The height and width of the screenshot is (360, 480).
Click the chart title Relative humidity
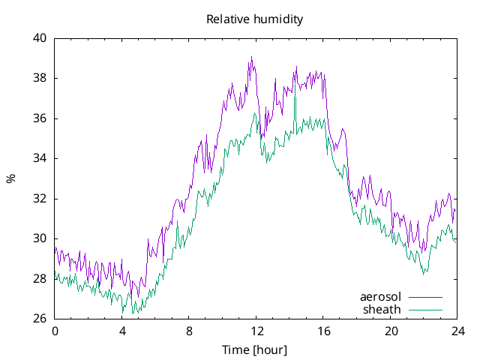tap(254, 19)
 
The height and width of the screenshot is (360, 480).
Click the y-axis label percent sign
tap(10, 178)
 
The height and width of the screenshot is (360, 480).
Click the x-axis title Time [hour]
tap(254, 350)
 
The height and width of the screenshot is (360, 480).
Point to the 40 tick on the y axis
tap(39, 38)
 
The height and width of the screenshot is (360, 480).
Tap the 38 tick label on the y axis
tap(39, 78)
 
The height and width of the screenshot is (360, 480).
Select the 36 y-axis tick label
tap(39, 118)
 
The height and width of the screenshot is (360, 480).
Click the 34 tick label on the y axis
tap(39, 158)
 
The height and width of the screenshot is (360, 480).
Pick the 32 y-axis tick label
tap(39, 199)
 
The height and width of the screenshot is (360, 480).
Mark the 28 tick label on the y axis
tap(39, 279)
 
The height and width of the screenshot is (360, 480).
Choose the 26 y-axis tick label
tap(39, 319)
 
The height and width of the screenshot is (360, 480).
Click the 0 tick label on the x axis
tap(55, 331)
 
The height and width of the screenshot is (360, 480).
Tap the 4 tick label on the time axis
tap(122, 331)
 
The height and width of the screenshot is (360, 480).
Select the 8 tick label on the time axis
tap(189, 331)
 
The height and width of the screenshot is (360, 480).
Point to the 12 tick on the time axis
tap(256, 331)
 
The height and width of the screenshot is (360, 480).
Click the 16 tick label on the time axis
tap(323, 331)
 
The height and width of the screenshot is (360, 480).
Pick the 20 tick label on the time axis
tap(391, 331)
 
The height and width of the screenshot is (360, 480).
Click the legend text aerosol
tap(381, 296)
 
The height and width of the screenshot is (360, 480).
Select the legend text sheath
tap(382, 309)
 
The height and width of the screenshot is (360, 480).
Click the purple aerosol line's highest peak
tap(252, 57)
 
